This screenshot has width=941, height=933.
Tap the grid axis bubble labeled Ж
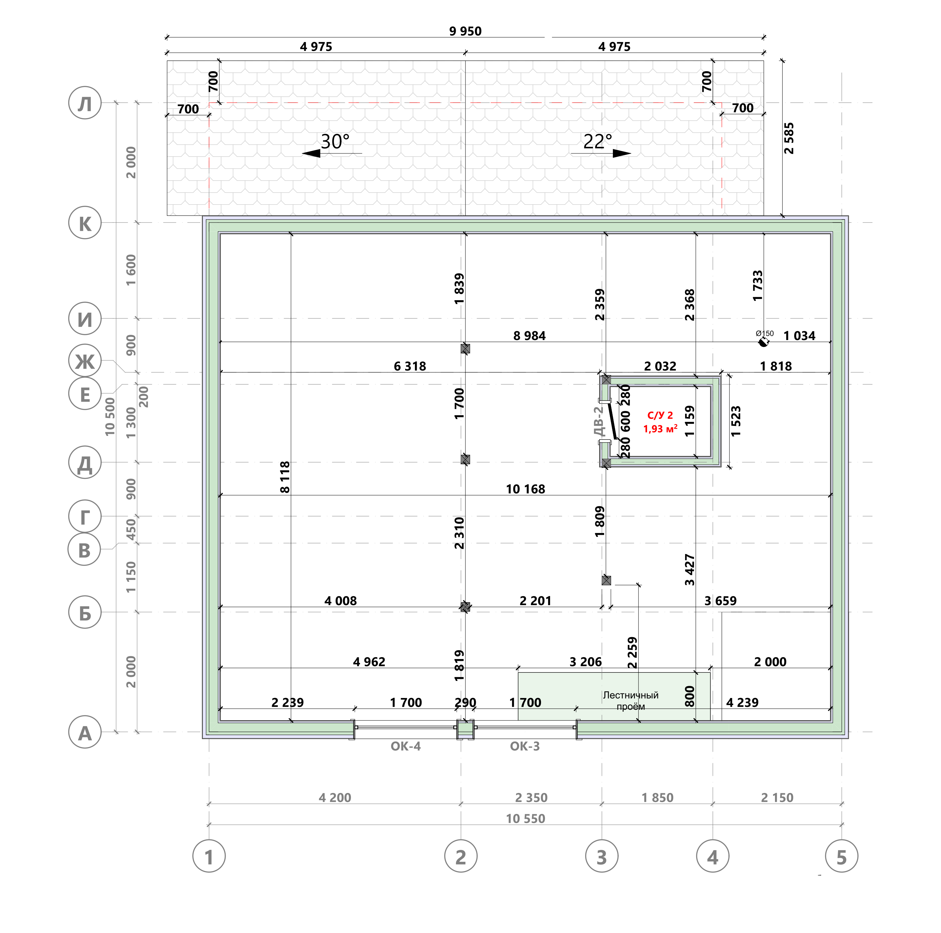point(85,361)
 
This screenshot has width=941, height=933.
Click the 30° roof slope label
point(335,142)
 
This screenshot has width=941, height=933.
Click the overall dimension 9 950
point(465,31)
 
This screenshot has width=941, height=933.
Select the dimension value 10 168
point(525,489)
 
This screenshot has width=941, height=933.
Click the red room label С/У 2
point(660,415)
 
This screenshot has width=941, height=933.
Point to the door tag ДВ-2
point(599,422)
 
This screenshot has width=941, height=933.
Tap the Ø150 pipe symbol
point(763,342)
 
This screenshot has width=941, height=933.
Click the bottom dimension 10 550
point(525,819)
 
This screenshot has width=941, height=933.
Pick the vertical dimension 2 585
point(789,138)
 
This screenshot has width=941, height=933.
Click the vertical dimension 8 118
point(285,477)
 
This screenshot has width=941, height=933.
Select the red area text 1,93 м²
point(660,429)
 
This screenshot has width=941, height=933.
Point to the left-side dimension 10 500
point(110,417)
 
